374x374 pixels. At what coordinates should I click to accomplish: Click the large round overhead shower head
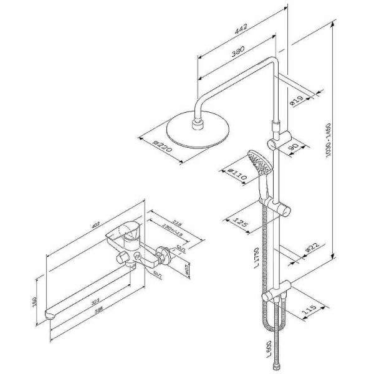click(x=198, y=132)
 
